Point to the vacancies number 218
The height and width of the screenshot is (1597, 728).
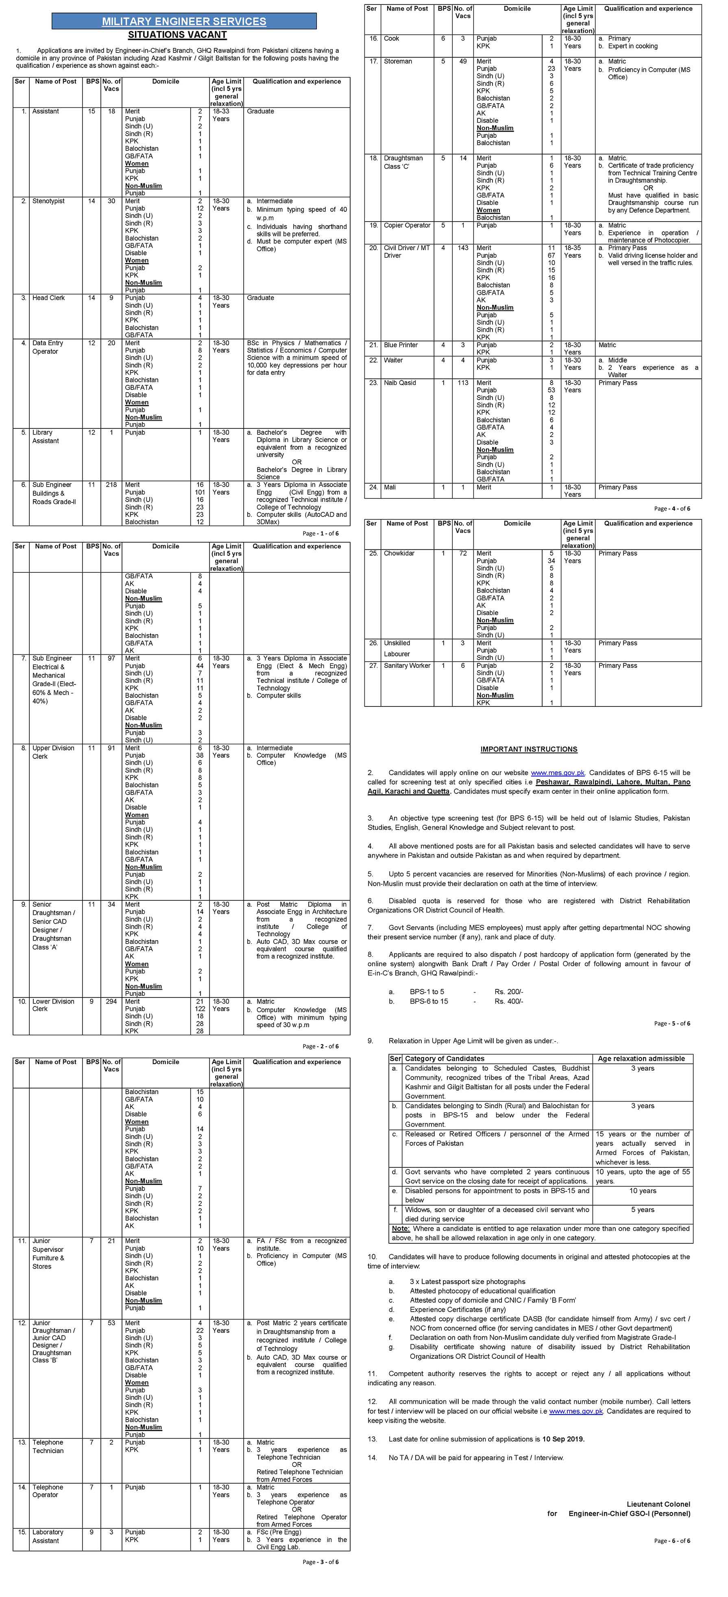[x=111, y=485]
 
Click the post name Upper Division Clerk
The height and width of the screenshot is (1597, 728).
[x=53, y=752]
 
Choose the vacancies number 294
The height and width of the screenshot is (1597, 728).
[x=111, y=1001]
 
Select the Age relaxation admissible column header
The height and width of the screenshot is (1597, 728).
[x=641, y=1059]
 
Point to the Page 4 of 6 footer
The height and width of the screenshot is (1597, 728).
[x=671, y=509]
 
